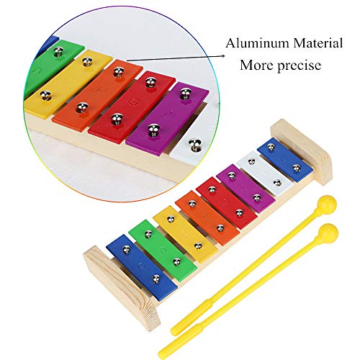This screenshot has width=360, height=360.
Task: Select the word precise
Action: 300,66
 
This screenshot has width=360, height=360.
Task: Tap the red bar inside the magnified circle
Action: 132,107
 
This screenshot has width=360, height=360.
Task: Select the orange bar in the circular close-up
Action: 97,95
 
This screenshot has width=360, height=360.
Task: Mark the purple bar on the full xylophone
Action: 246,189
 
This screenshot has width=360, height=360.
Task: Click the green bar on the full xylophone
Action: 163,251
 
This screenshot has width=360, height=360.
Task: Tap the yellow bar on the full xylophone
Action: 185,234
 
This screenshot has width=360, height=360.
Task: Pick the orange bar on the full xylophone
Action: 207,218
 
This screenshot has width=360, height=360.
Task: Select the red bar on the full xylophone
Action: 227,203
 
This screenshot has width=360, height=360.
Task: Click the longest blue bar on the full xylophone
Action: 142,267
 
